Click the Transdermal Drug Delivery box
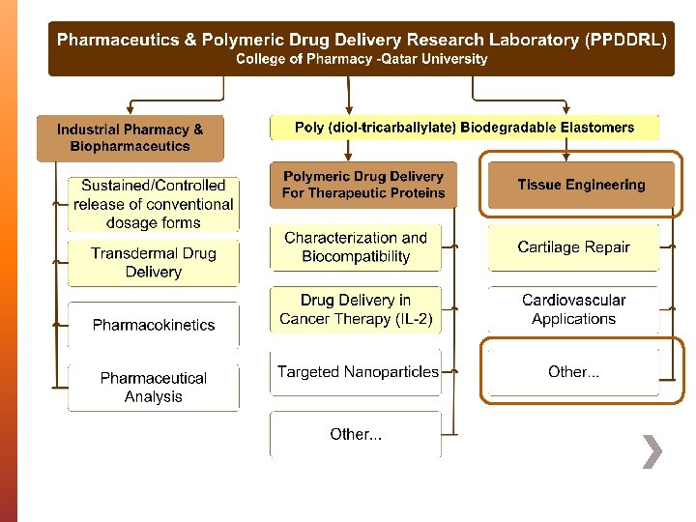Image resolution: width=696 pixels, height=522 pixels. [x=154, y=262]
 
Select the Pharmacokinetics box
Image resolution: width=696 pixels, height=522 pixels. [x=154, y=325]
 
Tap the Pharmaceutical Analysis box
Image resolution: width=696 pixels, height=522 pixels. [x=154, y=387]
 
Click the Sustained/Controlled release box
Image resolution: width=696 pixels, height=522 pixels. [x=154, y=204]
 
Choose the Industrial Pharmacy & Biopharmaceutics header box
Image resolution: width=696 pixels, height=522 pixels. [x=130, y=137]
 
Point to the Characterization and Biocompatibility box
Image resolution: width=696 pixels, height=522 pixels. [x=356, y=247]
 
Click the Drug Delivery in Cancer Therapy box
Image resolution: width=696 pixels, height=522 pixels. [x=356, y=309]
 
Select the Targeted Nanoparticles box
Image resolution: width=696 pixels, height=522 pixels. [x=357, y=372]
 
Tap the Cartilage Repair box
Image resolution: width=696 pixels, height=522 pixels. [x=573, y=247]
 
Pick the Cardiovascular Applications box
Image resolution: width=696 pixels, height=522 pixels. [x=573, y=309]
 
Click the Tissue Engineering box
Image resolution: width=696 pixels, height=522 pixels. [x=581, y=185]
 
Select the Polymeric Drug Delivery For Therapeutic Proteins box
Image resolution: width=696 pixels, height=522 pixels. [x=362, y=185]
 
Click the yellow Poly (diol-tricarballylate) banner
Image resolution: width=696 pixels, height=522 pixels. [x=464, y=128]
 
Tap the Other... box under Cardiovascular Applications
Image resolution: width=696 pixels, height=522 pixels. [x=573, y=372]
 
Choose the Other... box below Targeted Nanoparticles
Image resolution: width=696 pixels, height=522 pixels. [x=356, y=434]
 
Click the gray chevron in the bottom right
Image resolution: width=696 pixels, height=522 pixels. [x=653, y=451]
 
